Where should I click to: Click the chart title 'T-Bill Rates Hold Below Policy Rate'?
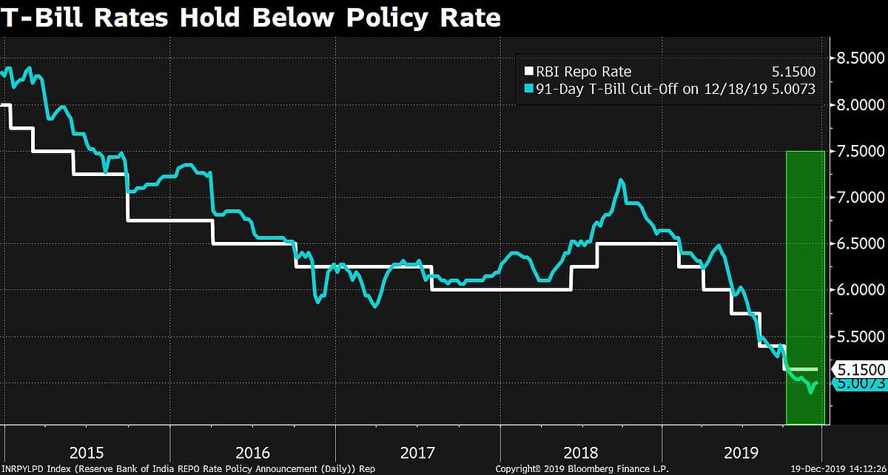251,17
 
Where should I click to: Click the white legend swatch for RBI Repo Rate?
528,72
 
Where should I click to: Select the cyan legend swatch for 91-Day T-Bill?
528,89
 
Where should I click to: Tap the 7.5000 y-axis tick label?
860,151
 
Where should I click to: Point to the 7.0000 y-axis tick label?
860,198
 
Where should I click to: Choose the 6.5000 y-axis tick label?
860,244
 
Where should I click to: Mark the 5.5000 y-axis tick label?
860,337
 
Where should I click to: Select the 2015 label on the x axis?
87,452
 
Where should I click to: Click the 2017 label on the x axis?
418,452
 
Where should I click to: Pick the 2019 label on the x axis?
742,452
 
